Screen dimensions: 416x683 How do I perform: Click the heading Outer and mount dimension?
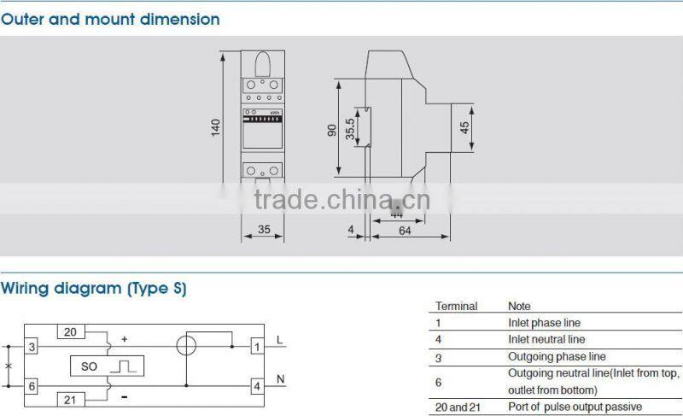(110, 19)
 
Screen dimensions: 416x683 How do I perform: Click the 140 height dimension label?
(216, 126)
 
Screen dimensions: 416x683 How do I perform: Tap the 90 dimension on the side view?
(331, 129)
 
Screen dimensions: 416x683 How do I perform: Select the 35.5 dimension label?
(350, 128)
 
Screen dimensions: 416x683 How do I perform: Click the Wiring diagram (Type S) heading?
(93, 289)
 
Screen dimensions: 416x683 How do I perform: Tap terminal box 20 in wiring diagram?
(70, 332)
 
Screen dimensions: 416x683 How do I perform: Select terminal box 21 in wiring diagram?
(70, 399)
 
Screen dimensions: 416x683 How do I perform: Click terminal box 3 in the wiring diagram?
(32, 347)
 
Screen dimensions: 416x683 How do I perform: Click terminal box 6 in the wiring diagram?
(32, 385)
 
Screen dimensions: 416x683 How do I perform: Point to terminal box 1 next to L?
(256, 347)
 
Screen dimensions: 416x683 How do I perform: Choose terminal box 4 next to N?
(256, 385)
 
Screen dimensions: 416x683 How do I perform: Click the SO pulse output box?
(107, 366)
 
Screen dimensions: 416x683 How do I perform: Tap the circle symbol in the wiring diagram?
(186, 347)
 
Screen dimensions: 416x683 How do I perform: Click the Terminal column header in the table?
(457, 306)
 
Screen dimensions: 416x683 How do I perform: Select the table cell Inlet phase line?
(544, 323)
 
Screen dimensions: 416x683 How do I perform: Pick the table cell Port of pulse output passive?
(575, 407)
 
